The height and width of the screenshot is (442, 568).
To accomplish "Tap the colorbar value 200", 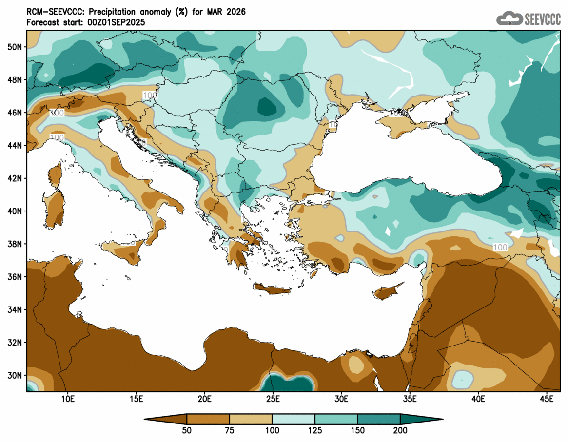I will tap(400, 431).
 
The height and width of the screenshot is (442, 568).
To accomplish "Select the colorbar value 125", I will tap(315, 431).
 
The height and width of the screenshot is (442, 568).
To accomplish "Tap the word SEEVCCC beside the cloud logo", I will tap(543, 19).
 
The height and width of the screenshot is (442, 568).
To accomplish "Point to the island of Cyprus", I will tap(388, 291).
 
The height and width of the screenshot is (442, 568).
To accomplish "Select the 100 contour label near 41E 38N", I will tap(500, 248).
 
